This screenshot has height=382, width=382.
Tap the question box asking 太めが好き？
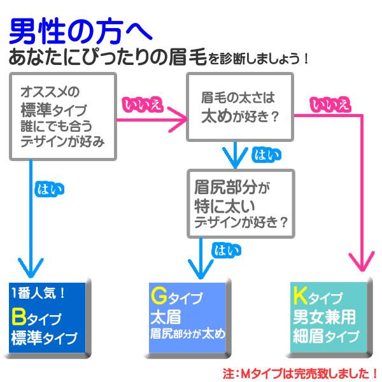click(x=239, y=107)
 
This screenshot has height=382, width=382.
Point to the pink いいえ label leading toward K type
click(x=330, y=104)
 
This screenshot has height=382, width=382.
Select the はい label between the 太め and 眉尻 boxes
click(x=264, y=154)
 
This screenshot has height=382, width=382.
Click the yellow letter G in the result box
click(x=159, y=297)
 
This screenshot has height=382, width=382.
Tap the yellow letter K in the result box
click(x=300, y=295)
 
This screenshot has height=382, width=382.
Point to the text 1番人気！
click(x=39, y=294)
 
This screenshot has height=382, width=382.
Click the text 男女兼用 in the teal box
click(x=323, y=316)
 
